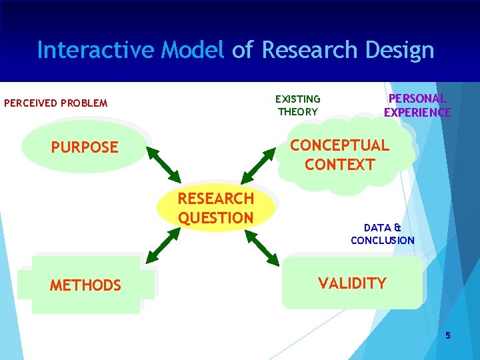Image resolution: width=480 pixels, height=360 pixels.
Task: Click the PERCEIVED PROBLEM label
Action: click(x=55, y=103)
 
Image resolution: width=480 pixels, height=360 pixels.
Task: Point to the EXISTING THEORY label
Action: click(x=298, y=105)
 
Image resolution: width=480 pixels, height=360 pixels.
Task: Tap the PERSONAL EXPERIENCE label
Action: click(x=417, y=105)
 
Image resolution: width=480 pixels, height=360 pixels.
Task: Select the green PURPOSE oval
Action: click(x=85, y=147)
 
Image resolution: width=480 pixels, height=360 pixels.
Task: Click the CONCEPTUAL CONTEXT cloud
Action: click(x=339, y=155)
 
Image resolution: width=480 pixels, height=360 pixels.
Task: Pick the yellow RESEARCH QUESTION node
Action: click(x=215, y=208)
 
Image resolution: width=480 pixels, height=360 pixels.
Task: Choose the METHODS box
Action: click(x=85, y=285)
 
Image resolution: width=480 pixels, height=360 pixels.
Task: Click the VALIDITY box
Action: click(x=352, y=283)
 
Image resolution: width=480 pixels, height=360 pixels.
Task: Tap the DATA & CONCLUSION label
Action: click(x=383, y=234)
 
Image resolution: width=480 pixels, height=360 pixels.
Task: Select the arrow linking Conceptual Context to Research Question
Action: click(x=258, y=165)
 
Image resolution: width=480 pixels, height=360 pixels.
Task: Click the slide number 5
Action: click(x=448, y=335)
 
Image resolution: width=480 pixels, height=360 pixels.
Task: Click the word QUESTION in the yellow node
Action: click(x=215, y=218)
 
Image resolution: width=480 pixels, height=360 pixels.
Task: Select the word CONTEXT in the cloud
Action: click(x=339, y=164)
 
